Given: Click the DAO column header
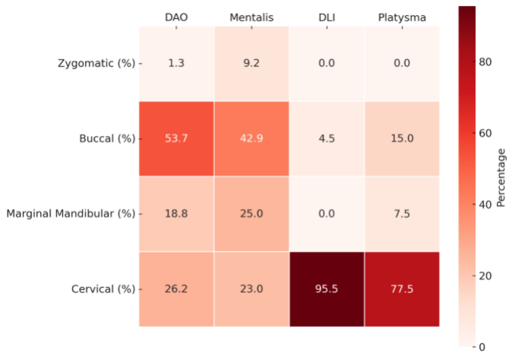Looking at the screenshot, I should (176, 17).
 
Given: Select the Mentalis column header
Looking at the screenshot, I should (251, 17).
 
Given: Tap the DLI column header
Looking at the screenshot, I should (327, 17).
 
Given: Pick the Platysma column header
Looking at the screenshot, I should (402, 17).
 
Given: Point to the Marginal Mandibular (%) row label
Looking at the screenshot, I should (70, 213).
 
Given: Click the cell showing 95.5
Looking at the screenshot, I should (327, 289).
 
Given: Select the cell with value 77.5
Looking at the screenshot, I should (402, 289).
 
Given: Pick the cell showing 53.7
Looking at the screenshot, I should (176, 138).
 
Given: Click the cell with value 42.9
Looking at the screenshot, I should (251, 138).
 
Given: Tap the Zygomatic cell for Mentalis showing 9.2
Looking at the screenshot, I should (251, 63).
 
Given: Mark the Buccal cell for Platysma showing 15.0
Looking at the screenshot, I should (402, 138).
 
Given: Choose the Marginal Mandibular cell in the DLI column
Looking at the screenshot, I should (327, 213).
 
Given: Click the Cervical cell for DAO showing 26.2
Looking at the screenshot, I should (176, 289).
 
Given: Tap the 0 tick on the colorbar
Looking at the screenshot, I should (484, 347).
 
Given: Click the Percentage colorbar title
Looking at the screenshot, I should (501, 177).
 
